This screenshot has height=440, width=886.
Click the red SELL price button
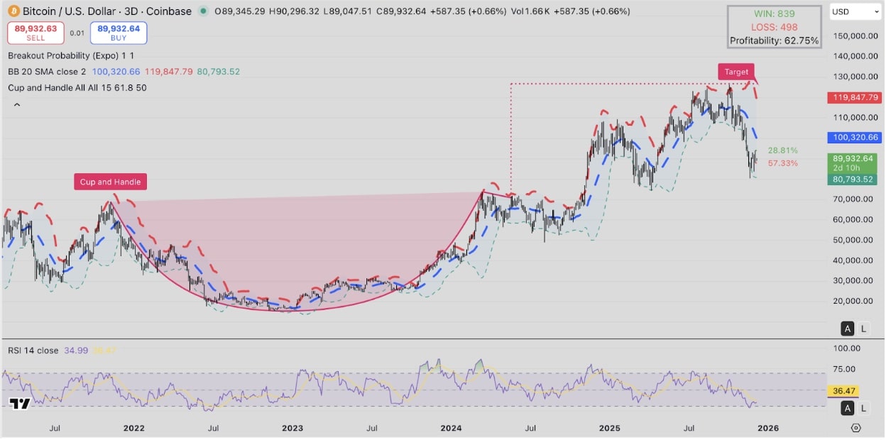[35, 33]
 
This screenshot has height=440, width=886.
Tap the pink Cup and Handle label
[110, 182]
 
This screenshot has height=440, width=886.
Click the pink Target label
[736, 72]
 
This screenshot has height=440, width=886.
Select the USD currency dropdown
[855, 12]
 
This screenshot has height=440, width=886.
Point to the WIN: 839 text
[774, 13]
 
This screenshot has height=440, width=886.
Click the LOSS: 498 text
[774, 27]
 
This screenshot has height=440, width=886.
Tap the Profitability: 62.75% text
[774, 40]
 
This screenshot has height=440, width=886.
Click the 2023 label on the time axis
[292, 428]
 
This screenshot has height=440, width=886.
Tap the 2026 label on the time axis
[768, 428]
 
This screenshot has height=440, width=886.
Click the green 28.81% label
[782, 150]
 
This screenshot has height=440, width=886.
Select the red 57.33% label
[782, 163]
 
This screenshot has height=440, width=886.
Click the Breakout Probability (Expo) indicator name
[64, 55]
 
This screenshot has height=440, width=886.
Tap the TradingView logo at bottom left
[20, 404]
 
